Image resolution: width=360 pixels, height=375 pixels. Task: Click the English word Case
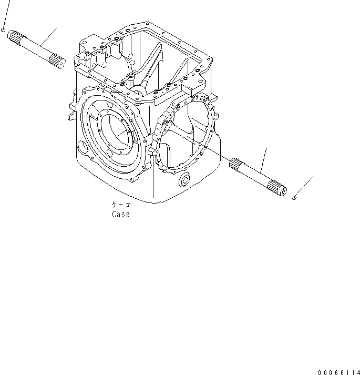click(120, 214)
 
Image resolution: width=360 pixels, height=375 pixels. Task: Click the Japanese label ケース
click(120, 205)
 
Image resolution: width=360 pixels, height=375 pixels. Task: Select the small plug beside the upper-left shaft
click(3, 31)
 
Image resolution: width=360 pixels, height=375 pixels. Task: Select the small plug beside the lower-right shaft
click(294, 197)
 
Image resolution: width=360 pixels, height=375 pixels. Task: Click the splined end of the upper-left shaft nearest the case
click(57, 60)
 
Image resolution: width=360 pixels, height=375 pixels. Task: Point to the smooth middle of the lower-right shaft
click(258, 176)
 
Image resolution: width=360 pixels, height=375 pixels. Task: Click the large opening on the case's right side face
click(187, 134)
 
